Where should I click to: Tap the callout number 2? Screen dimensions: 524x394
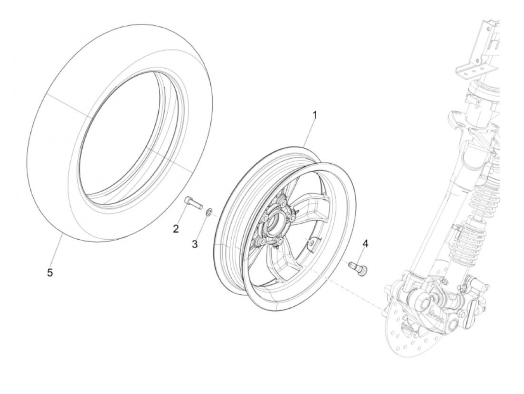point(176,228)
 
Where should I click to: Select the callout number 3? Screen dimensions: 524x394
point(195,244)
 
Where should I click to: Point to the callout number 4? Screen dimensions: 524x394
point(365,244)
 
